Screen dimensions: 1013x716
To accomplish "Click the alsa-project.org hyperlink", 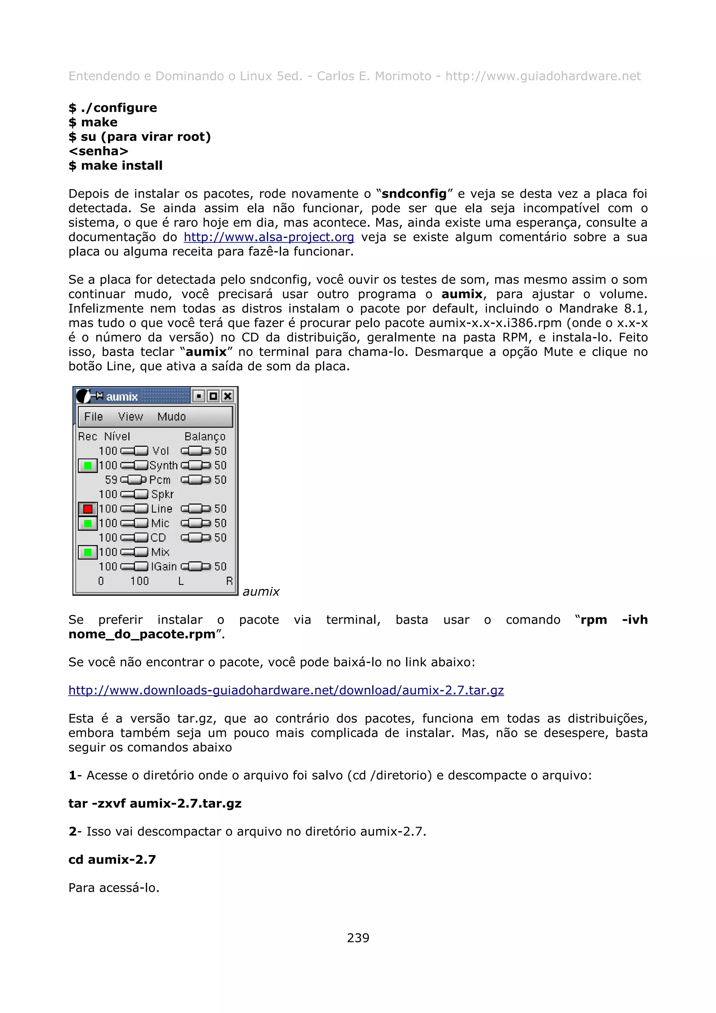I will pos(268,237).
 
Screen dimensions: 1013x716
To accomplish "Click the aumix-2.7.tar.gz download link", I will pos(286,690).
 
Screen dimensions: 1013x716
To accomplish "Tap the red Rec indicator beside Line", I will pos(88,509).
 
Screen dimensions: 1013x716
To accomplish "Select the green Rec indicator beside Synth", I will pos(88,466).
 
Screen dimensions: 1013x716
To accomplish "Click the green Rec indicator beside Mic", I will pos(88,523).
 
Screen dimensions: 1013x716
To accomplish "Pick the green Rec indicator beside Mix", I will pos(88,552).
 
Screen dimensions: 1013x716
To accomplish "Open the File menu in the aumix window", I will pos(94,417).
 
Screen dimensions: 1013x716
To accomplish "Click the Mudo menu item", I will pos(172,417).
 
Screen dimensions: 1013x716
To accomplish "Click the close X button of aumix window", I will pos(228,396).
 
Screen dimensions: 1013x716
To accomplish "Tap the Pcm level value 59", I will pos(111,480).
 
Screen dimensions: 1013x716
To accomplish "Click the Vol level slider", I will pos(135,451).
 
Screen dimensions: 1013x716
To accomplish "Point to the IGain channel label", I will pos(164,567).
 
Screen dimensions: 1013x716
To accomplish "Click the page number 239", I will pos(358,938).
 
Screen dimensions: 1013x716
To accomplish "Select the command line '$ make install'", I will pos(116,165).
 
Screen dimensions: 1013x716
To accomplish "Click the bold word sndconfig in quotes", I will pos(414,194).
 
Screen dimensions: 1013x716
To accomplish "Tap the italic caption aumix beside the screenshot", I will pos(261,592).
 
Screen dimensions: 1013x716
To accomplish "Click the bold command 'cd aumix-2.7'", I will pos(112,860).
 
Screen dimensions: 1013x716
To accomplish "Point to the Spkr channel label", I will pos(162,495).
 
